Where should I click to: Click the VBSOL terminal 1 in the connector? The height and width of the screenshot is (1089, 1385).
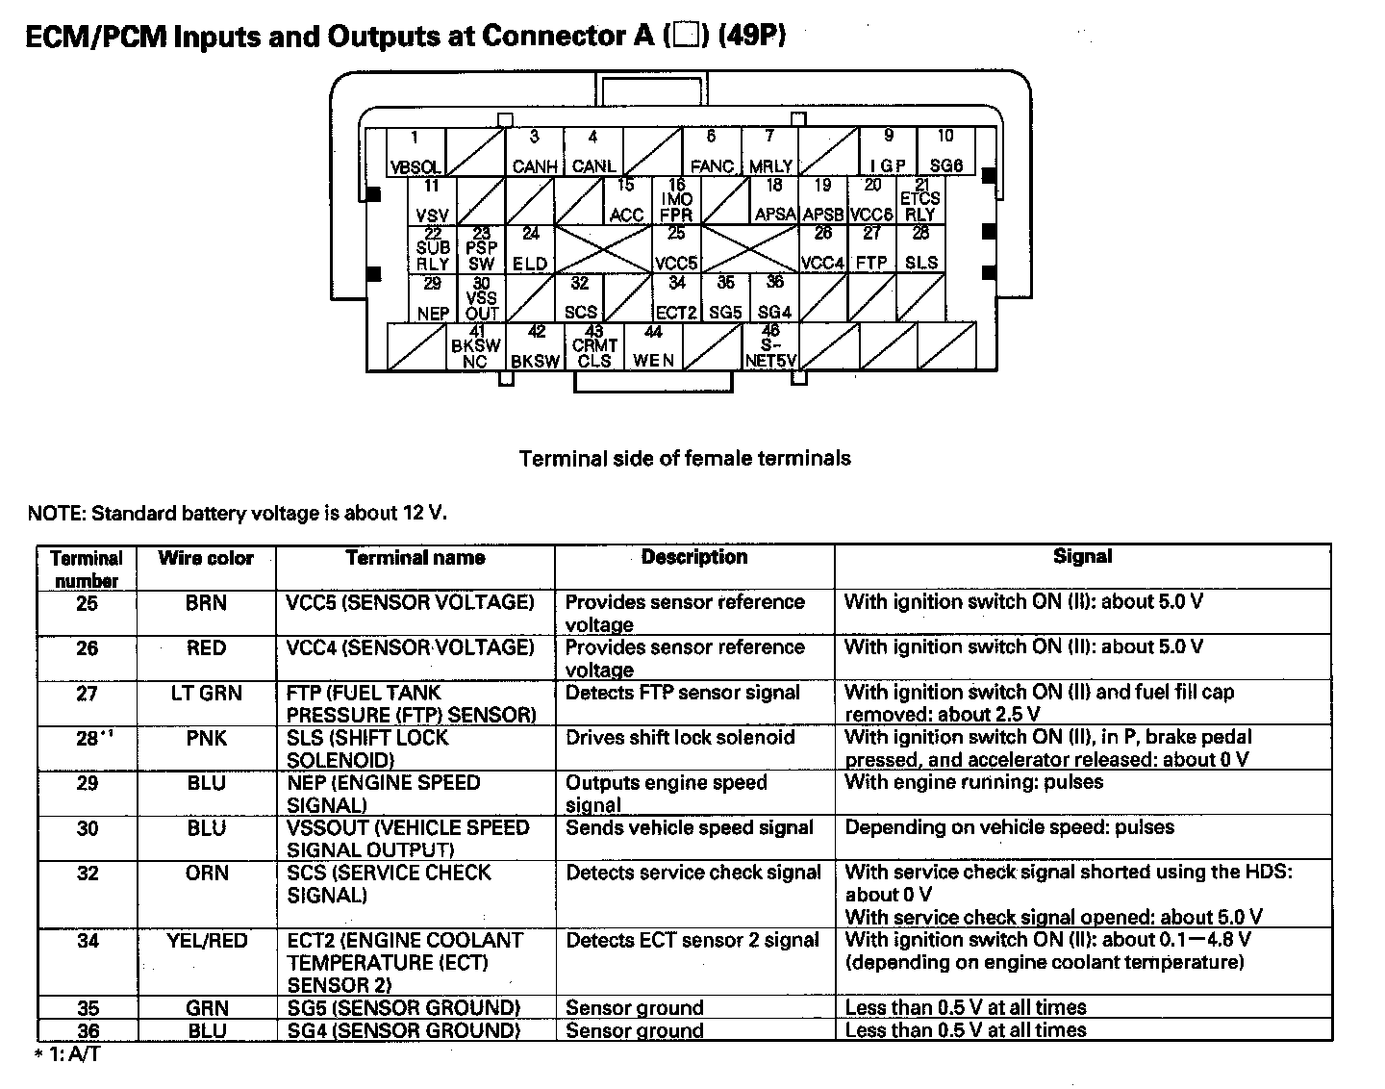pyautogui.click(x=415, y=152)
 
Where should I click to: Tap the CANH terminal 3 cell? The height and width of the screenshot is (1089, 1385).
pyautogui.click(x=535, y=152)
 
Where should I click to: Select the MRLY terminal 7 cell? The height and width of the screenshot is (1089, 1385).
pyautogui.click(x=770, y=152)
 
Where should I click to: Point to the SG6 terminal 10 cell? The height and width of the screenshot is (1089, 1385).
pyautogui.click(x=946, y=152)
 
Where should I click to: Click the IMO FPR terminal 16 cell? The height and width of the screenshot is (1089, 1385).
pyautogui.click(x=677, y=200)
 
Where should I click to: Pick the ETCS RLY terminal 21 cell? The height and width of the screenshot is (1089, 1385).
pyautogui.click(x=920, y=200)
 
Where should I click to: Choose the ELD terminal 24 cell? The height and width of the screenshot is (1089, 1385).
pyautogui.click(x=531, y=249)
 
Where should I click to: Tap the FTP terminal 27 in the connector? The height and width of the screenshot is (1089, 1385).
pyautogui.click(x=872, y=249)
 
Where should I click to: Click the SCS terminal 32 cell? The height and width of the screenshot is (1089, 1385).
pyautogui.click(x=580, y=298)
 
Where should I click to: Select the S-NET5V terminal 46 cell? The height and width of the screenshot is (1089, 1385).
pyautogui.click(x=771, y=347)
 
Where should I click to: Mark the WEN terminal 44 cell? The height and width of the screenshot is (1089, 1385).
pyautogui.click(x=654, y=347)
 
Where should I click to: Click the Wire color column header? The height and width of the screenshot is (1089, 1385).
pyautogui.click(x=206, y=558)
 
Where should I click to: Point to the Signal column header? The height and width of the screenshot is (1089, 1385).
pyautogui.click(x=1082, y=556)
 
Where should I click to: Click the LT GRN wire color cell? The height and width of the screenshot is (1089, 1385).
pyautogui.click(x=206, y=693)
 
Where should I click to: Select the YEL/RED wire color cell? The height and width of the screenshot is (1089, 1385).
pyautogui.click(x=206, y=940)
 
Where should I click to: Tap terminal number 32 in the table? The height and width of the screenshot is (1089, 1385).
pyautogui.click(x=88, y=873)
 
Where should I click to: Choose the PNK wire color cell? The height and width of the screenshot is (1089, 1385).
pyautogui.click(x=206, y=738)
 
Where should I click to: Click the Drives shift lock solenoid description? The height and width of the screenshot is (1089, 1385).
pyautogui.click(x=680, y=738)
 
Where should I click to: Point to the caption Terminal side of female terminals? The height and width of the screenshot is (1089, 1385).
pyautogui.click(x=685, y=459)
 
